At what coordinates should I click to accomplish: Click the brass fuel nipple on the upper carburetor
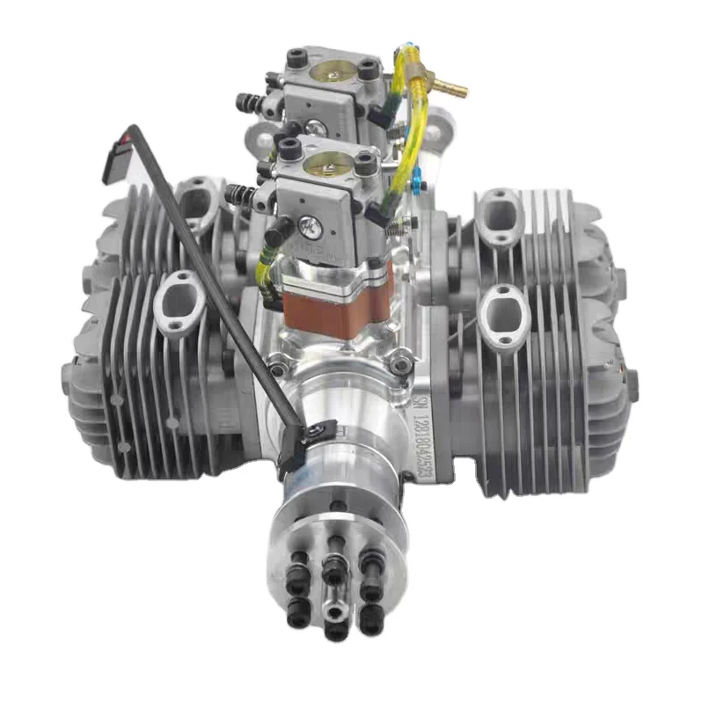pyautogui.click(x=453, y=88)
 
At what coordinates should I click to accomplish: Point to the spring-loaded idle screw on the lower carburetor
pyautogui.click(x=239, y=195)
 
